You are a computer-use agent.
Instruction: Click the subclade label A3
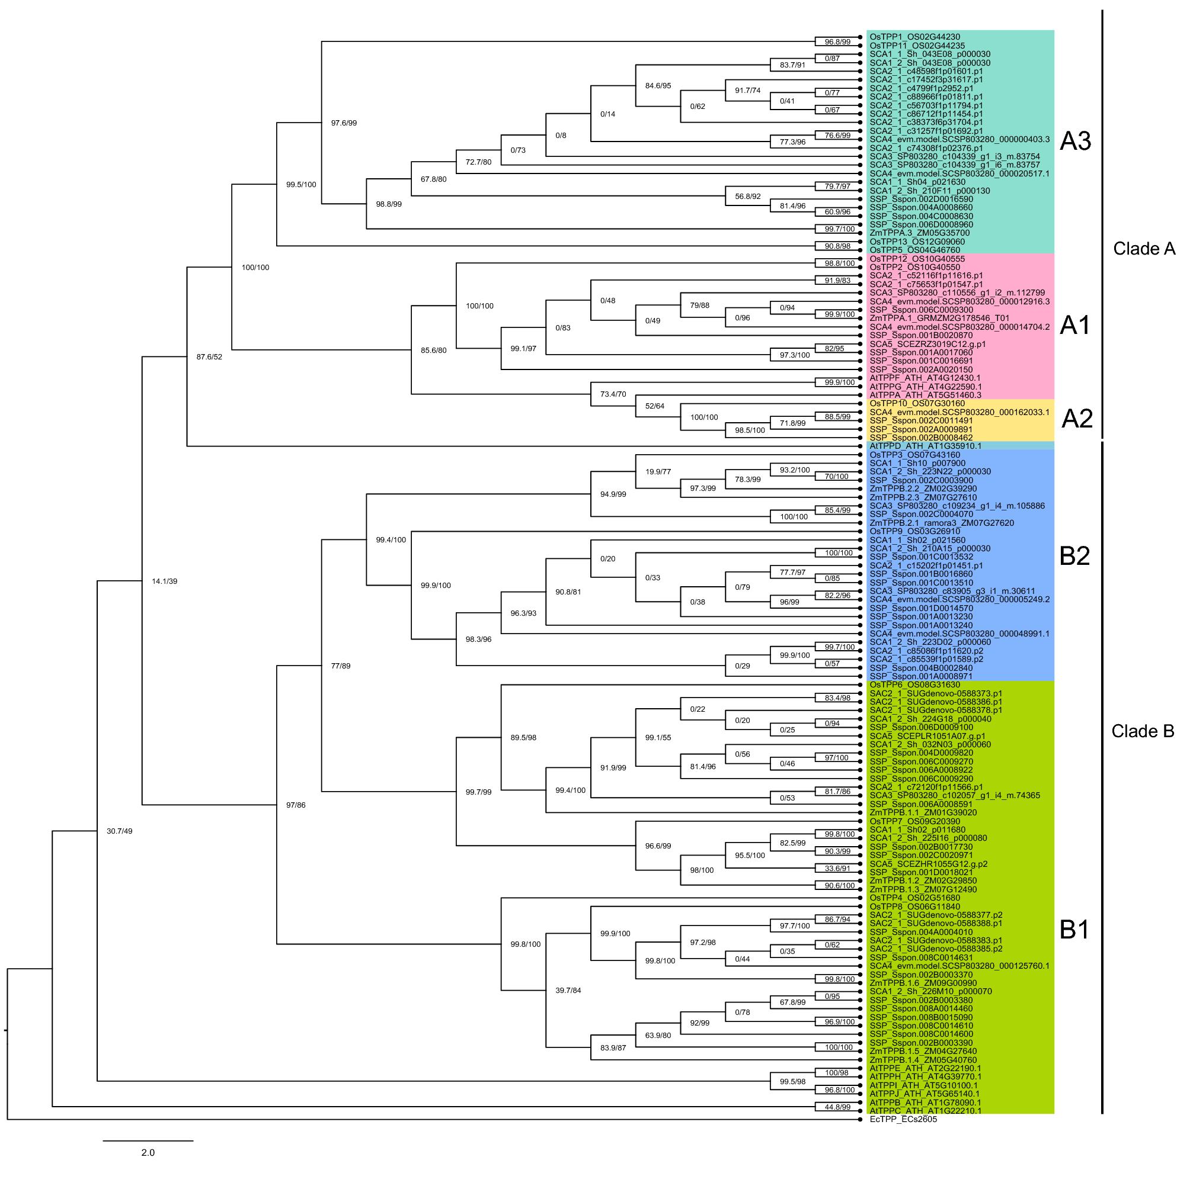coord(1075,141)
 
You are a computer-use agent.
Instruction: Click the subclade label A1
coord(1075,325)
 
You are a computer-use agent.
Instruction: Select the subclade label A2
coord(1077,419)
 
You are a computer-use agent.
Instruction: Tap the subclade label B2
coord(1074,556)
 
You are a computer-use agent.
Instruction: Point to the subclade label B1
coord(1074,930)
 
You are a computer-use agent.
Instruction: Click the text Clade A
coord(1144,249)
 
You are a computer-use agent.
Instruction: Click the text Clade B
coord(1143,731)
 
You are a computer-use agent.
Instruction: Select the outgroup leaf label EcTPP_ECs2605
coord(903,1120)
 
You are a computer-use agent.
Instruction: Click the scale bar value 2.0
coord(148,1153)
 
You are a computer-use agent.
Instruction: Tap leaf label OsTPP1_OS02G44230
coord(914,37)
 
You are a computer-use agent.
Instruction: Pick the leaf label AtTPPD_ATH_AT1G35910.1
coord(925,446)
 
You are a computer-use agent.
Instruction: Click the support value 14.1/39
coord(165,581)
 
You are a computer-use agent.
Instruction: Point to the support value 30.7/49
coord(119,831)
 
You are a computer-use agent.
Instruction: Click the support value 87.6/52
coord(209,356)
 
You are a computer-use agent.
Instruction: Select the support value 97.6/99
coord(344,123)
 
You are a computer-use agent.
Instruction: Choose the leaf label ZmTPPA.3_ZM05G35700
coord(919,233)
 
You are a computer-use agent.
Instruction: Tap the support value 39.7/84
coord(568,991)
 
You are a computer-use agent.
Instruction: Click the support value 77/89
coord(341,666)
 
